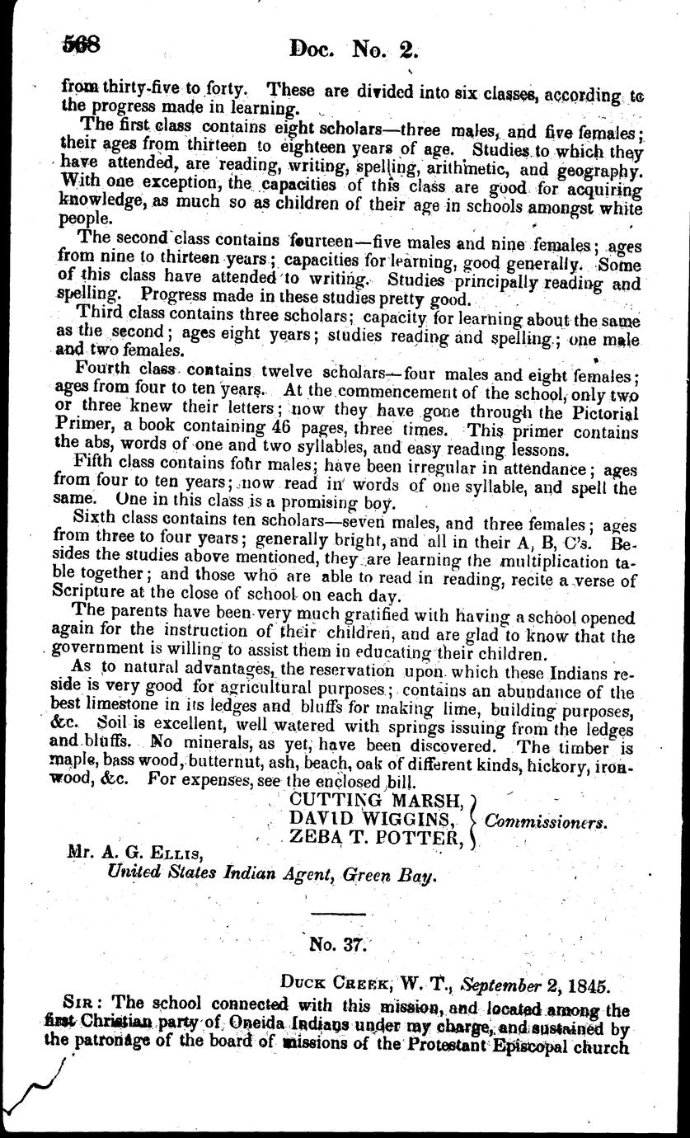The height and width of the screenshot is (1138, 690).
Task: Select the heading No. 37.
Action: pos(337,944)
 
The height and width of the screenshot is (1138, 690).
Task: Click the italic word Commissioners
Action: pos(547,821)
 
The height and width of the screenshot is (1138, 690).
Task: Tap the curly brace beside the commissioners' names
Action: pos(476,819)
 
